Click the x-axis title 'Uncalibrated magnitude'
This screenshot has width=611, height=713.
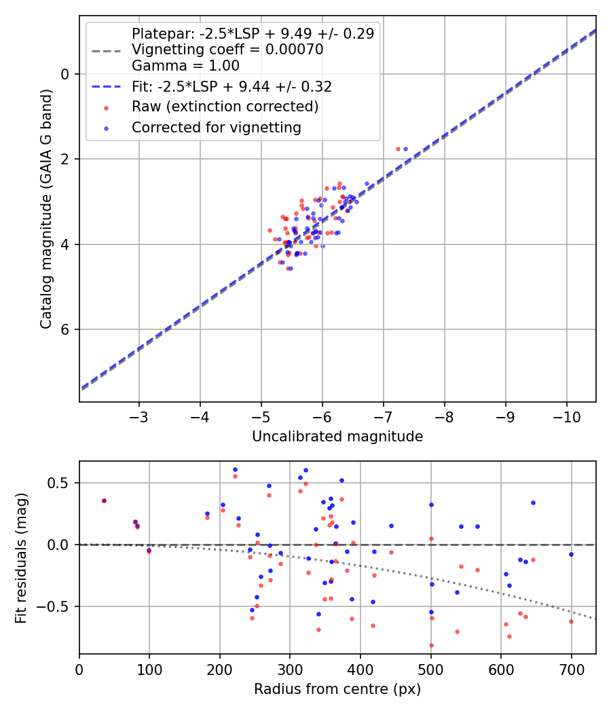point(337,437)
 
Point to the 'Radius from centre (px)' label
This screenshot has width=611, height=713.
point(337,689)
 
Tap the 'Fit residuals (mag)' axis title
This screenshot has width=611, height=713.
point(21,557)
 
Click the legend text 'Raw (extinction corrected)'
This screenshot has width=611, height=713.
point(225,107)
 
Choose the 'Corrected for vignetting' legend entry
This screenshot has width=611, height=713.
point(216,127)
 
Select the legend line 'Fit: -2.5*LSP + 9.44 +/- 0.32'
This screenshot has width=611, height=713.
point(232,87)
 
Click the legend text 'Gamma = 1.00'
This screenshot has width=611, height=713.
point(185,66)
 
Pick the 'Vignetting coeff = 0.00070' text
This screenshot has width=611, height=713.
point(227,50)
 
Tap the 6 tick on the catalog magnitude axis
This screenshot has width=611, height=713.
point(65,329)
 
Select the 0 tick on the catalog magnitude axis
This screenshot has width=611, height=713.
point(65,74)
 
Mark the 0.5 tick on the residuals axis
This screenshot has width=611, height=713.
point(61,483)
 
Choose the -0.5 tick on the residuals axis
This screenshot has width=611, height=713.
point(58,606)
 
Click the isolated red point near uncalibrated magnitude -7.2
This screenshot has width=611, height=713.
point(398,149)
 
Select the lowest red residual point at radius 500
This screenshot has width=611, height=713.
point(431,645)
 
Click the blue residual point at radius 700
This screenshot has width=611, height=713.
point(571,554)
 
